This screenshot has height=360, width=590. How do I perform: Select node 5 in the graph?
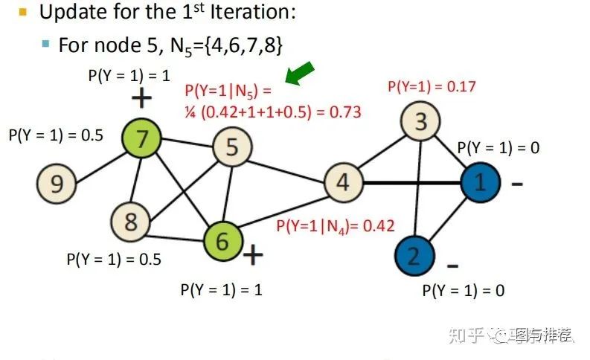[232, 147]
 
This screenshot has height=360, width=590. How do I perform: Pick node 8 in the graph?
[130, 221]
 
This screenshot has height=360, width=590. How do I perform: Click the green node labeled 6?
[222, 241]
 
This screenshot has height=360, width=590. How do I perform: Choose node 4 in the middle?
[343, 181]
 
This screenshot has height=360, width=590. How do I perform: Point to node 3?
[420, 121]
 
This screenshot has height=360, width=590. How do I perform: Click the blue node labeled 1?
[480, 181]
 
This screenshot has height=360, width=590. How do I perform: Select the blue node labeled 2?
[414, 255]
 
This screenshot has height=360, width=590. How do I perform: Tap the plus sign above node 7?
[141, 98]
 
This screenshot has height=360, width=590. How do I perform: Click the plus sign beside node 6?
[254, 255]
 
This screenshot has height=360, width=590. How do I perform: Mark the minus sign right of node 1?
[516, 183]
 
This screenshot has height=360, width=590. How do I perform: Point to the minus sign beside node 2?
[452, 266]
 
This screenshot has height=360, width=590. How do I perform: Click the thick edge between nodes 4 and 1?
[411, 181]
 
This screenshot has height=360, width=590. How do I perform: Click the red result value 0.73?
[344, 112]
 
